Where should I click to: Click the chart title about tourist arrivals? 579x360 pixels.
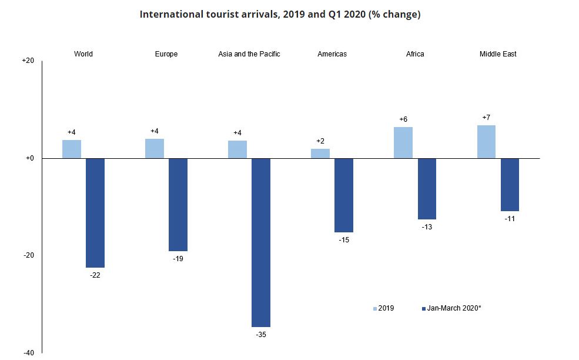[280, 15]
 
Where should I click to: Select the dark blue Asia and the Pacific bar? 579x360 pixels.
[260, 242]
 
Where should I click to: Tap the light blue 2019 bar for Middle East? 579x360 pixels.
[486, 142]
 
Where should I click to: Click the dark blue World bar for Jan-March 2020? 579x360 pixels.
[95, 212]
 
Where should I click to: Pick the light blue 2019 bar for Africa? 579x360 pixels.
[403, 143]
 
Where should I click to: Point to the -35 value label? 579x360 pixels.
[261, 335]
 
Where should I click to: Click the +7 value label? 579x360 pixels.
[486, 118]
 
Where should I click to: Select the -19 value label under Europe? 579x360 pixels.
[178, 259]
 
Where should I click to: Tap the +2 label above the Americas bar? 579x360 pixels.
[320, 141]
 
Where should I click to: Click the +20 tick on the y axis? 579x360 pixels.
[28, 61]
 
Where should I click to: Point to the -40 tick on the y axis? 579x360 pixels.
[28, 352]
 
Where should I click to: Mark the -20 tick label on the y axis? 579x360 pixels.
[28, 255]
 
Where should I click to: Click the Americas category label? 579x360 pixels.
[332, 54]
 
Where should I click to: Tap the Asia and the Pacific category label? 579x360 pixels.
[249, 54]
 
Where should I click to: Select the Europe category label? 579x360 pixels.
[166, 54]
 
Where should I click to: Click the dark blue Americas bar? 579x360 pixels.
[343, 195]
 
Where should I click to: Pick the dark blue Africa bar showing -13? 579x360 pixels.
[427, 189]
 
